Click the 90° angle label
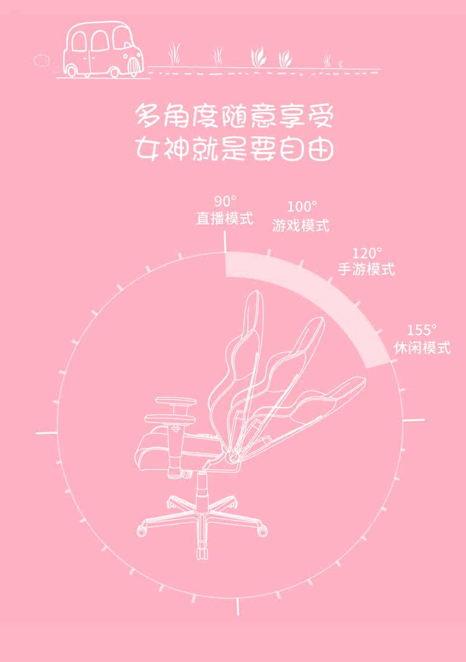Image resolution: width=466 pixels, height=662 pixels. pos(226,202)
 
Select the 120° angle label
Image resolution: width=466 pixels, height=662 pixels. pos(367,253)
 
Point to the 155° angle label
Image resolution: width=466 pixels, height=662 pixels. pos(422,330)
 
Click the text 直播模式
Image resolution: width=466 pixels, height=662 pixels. pos(225,218)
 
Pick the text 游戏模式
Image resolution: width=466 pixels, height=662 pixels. pos(301,225)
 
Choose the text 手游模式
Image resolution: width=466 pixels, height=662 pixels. pos(366,270)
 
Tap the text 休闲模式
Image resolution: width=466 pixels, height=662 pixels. pos(422,348)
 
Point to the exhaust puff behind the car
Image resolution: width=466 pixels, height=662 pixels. pos(42,60)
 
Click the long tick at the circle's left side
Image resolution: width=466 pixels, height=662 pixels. pos(47,431)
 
